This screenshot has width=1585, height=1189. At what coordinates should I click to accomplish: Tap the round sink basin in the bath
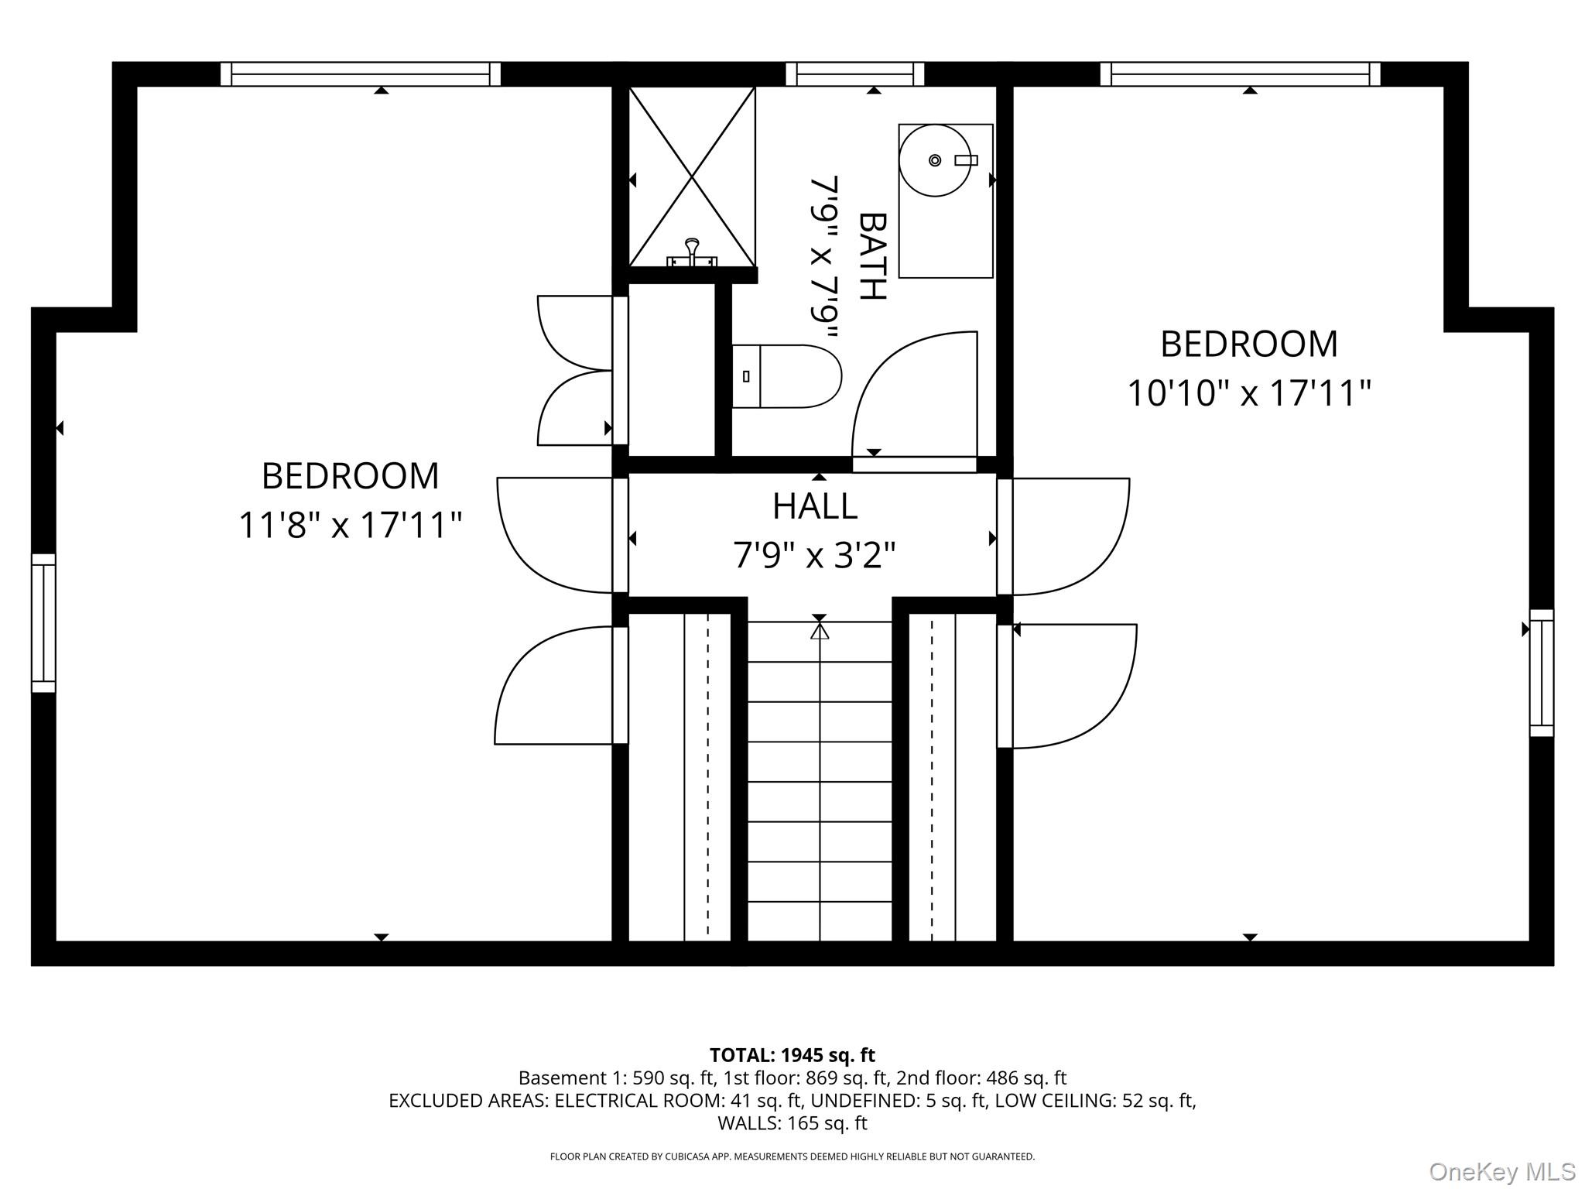934,160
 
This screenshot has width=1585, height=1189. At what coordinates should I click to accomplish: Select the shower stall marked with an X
691,176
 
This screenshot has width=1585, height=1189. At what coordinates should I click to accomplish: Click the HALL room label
815,506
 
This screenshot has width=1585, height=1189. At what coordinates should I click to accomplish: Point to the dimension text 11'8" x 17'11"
350,525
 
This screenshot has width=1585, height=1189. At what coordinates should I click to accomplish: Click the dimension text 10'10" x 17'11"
1248,393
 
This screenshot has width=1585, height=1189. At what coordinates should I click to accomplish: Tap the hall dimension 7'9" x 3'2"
814,555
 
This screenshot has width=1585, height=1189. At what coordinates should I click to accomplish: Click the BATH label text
872,256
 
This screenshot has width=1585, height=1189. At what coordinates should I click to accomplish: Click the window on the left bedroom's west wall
43,622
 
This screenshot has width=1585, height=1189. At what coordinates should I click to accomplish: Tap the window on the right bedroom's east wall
1542,672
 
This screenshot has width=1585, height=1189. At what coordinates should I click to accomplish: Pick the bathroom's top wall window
854,74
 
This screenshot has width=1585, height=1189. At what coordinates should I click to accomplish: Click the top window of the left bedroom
361,74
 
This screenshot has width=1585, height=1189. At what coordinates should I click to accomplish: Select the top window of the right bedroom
1240,74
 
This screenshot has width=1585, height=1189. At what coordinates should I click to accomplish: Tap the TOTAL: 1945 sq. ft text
792,1055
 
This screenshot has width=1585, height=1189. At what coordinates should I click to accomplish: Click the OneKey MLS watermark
1501,1171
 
